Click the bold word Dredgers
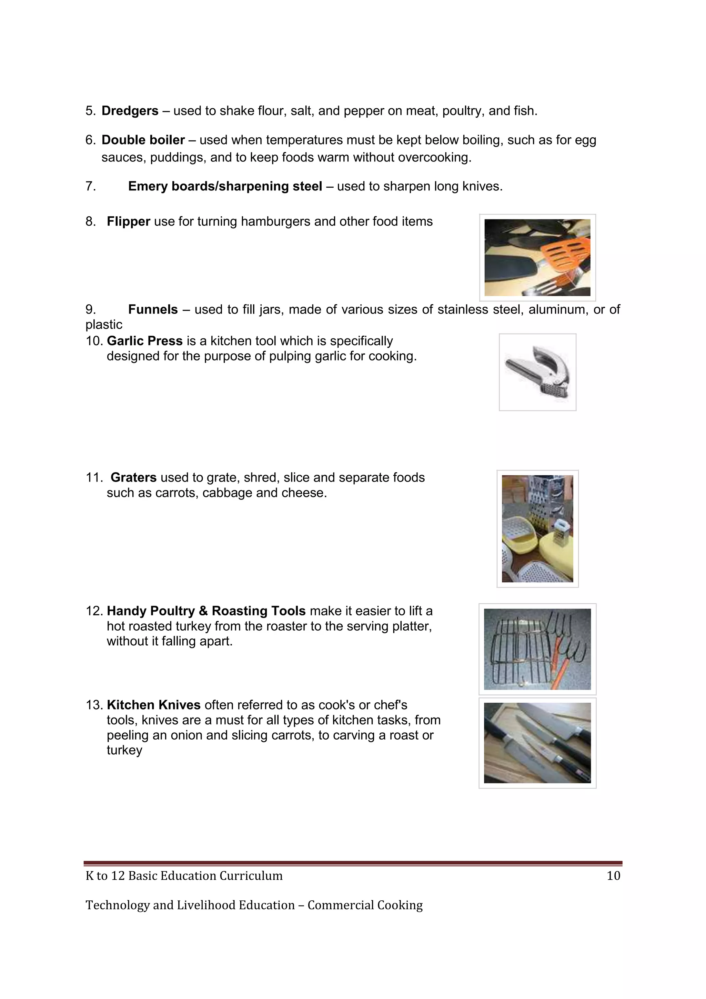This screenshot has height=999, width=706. (130, 111)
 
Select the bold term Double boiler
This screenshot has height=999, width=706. (143, 140)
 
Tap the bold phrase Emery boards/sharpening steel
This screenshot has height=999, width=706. (225, 186)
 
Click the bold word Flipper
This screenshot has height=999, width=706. (128, 221)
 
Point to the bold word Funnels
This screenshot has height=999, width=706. (153, 309)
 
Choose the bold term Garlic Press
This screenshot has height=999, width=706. (144, 341)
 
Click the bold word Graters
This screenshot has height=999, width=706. (133, 477)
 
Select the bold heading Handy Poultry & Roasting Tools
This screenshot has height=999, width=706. (206, 611)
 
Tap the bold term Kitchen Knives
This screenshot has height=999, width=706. (153, 705)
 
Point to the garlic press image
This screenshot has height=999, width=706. (538, 372)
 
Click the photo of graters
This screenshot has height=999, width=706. (537, 529)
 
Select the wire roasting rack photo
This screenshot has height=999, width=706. (537, 649)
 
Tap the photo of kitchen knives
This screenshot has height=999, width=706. (537, 743)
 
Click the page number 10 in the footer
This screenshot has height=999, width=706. (613, 876)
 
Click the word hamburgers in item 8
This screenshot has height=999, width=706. (275, 221)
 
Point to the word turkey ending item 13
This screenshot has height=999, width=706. (124, 750)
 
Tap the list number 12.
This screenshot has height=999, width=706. (94, 611)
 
